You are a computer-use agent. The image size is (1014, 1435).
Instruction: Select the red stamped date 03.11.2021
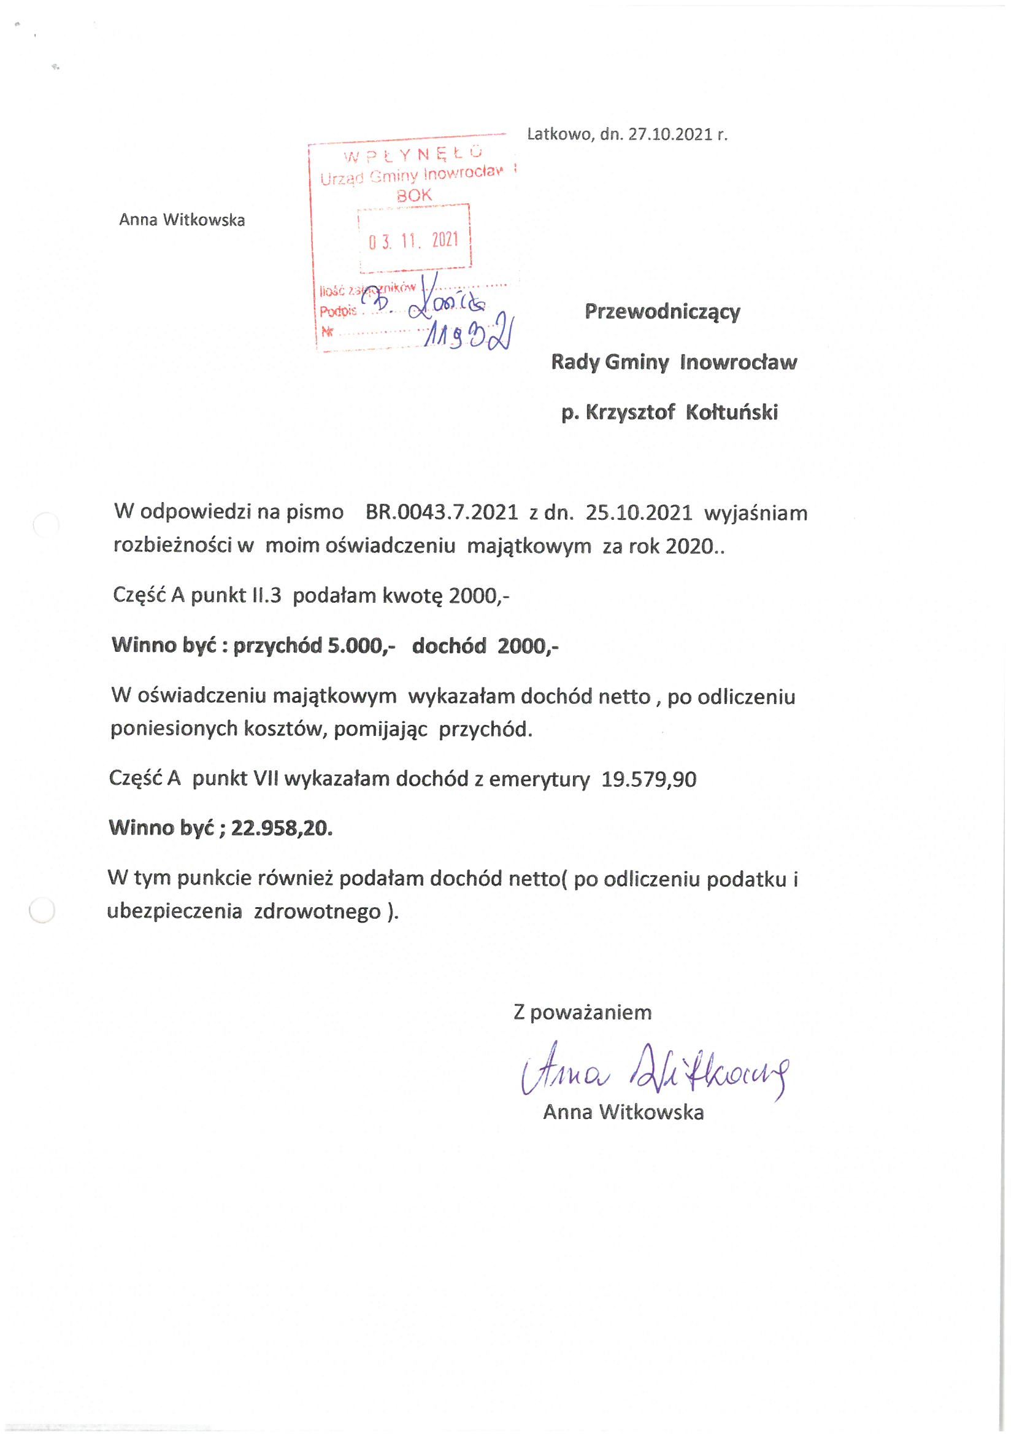413,240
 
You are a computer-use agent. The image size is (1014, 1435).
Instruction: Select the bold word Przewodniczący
663,312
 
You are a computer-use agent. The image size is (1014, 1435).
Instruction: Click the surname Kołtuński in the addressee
732,413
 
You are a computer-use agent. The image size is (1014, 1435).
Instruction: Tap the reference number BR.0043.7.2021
442,513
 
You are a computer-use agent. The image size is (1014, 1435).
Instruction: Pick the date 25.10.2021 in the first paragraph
639,513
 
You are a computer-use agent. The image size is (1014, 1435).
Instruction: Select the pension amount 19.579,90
648,779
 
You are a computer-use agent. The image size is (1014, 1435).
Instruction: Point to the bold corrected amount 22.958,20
281,828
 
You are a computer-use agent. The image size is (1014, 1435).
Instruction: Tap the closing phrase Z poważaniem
582,1013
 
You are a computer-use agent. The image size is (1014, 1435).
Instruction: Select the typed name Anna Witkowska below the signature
623,1113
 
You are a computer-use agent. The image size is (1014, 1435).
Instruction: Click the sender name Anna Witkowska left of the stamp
182,220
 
